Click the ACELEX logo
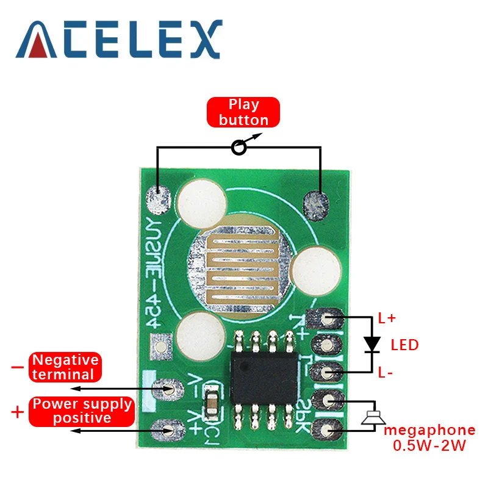pyautogui.click(x=119, y=39)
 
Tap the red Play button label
pyautogui.click(x=243, y=112)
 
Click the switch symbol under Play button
pyautogui.click(x=240, y=147)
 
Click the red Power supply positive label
pyautogui.click(x=82, y=411)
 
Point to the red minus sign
pyautogui.click(x=17, y=367)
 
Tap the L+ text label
pyautogui.click(x=387, y=318)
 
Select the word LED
pyautogui.click(x=404, y=345)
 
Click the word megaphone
pyautogui.click(x=429, y=430)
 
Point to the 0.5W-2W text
pyautogui.click(x=429, y=446)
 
